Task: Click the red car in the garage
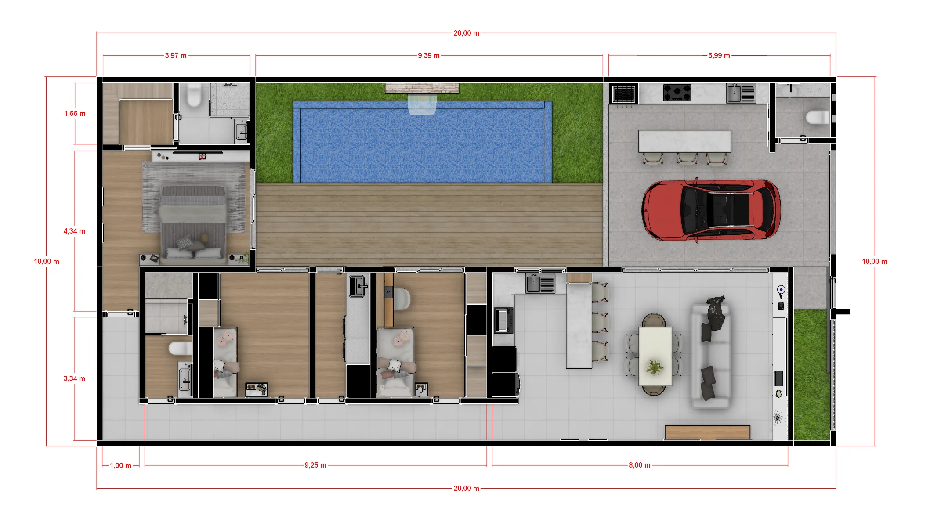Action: tap(711, 210)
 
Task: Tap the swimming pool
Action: tap(422, 142)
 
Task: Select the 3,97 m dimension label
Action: tap(176, 56)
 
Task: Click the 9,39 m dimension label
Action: tap(429, 56)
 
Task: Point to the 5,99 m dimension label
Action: tap(719, 56)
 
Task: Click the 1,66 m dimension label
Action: tap(75, 114)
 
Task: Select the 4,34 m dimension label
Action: tap(74, 231)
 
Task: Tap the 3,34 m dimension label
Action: tap(74, 379)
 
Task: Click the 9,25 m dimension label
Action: tap(315, 465)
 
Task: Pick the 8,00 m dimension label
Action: tap(639, 465)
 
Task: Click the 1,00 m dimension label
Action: tap(120, 466)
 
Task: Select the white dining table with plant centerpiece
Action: tap(655, 356)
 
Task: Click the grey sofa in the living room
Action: tap(711, 355)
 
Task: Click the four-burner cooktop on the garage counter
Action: tap(677, 93)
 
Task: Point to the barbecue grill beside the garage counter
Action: tap(623, 94)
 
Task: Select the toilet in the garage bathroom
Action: tap(817, 118)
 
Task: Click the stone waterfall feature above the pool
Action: tap(422, 88)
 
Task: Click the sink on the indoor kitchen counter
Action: tap(540, 283)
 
